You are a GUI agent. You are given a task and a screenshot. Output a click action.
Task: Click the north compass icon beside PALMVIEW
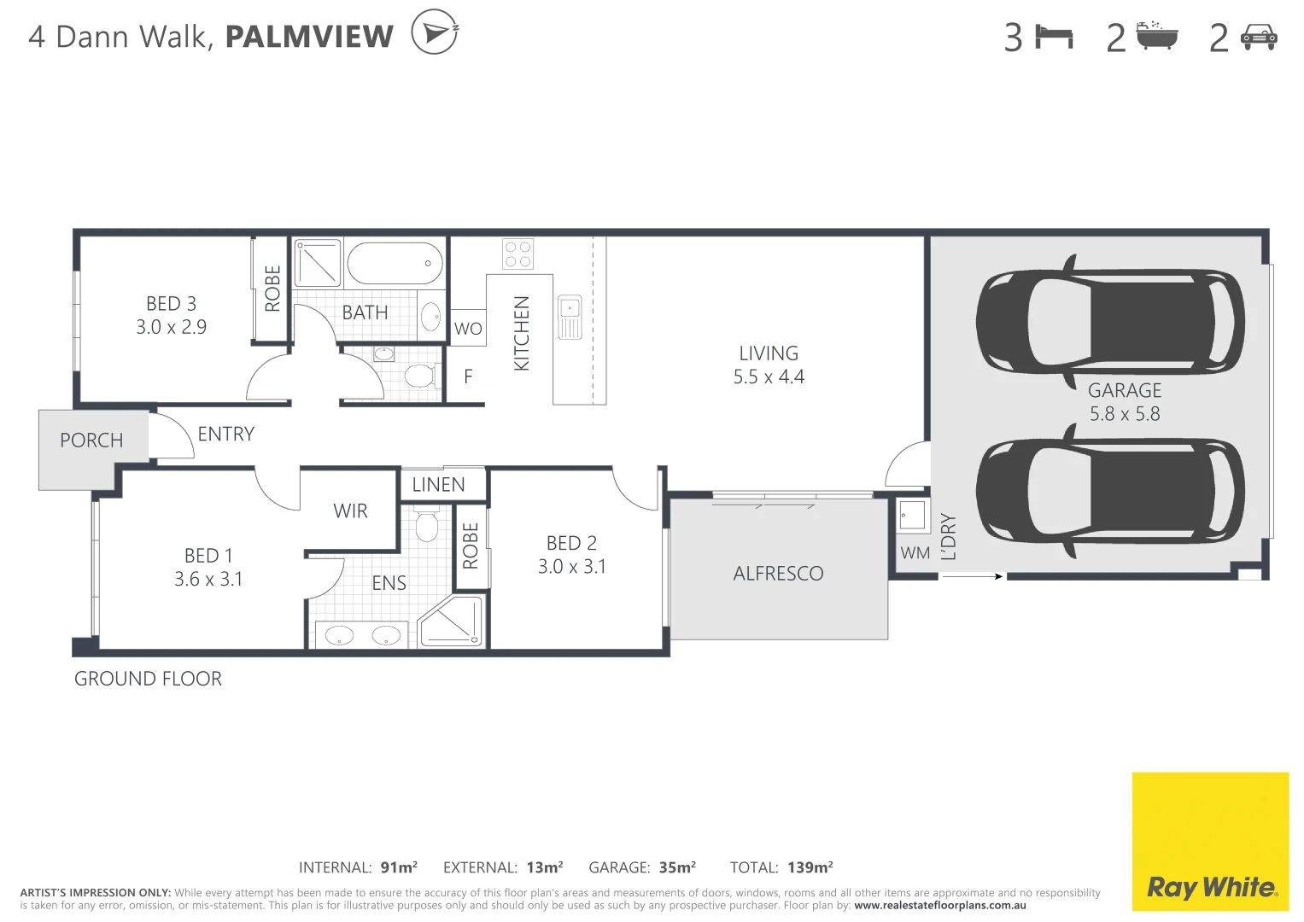point(435,32)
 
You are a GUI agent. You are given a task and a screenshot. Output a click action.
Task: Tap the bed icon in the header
point(1054,37)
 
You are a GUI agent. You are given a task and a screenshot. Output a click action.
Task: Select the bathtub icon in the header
point(1157,37)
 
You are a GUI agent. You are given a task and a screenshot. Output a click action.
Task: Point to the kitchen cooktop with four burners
point(518,254)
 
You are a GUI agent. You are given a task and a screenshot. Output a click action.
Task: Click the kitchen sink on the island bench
point(570,318)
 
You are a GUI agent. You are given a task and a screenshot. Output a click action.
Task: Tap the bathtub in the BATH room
point(395,263)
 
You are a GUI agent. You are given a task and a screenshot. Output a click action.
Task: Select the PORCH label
point(91,441)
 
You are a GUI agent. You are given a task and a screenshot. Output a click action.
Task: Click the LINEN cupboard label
point(438,485)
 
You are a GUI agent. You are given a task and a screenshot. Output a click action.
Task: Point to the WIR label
point(350,511)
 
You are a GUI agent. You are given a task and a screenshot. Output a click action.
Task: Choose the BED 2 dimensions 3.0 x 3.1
point(571,567)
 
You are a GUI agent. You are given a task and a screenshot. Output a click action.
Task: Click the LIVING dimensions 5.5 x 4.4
point(769,376)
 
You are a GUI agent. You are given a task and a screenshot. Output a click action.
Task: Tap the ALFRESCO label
point(778,574)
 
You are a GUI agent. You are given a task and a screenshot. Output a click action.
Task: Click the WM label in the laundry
point(915,553)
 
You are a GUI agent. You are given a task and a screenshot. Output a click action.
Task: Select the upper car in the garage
point(1110,323)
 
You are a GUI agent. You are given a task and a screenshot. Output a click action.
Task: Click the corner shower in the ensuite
point(452,621)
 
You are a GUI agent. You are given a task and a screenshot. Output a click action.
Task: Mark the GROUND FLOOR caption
point(148,679)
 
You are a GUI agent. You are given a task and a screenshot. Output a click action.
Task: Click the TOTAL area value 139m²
point(810,867)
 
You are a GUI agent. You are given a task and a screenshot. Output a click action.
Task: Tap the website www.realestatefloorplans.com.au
point(939,906)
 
